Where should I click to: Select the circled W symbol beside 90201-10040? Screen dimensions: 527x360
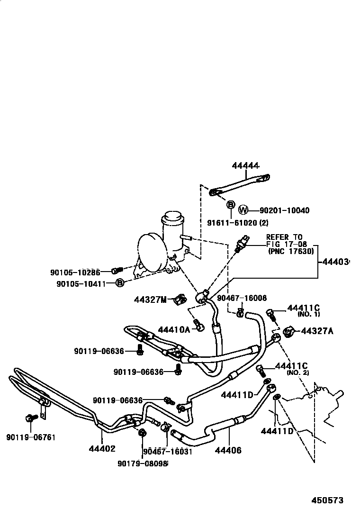click(243, 210)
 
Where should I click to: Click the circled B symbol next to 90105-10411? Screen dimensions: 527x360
click(120, 283)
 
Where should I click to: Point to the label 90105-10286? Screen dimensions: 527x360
click(75, 272)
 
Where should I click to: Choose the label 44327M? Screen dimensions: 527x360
click(150, 300)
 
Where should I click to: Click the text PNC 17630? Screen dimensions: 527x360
click(291, 251)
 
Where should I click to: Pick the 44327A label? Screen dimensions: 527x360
click(317, 331)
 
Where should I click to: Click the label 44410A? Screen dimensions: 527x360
click(174, 329)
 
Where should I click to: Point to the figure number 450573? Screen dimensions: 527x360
click(327, 500)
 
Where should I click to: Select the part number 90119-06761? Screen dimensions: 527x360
click(31, 437)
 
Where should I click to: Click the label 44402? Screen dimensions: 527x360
click(102, 448)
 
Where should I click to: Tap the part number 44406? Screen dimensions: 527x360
click(228, 450)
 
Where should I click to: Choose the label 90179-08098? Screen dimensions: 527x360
click(143, 463)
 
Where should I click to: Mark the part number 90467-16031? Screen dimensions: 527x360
click(167, 451)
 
